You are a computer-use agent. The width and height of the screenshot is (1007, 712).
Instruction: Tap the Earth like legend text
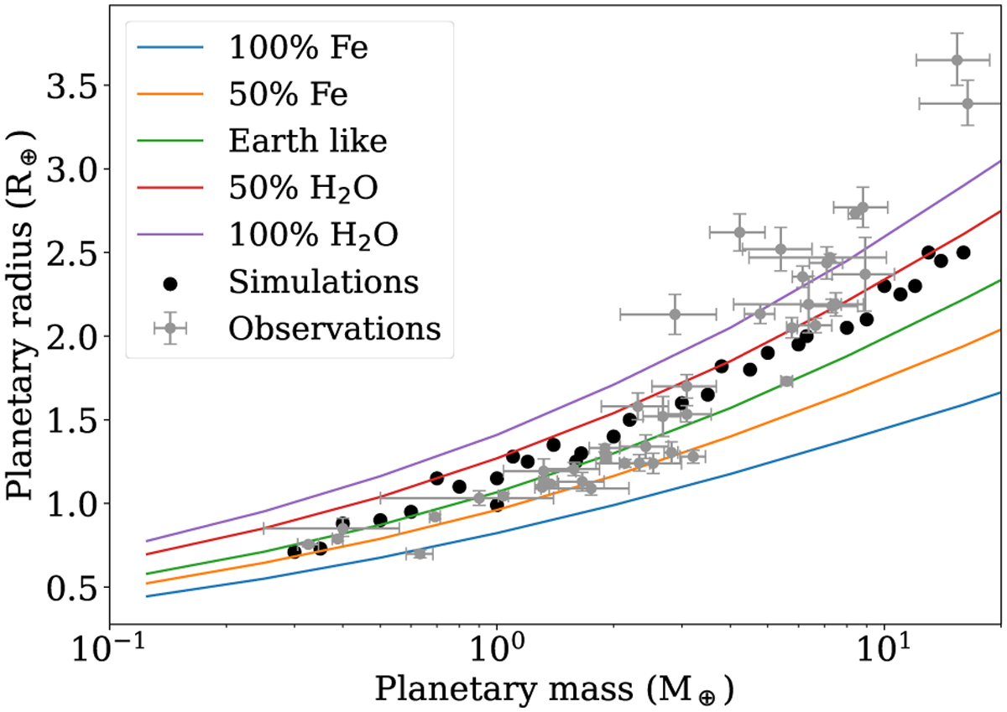pos(308,142)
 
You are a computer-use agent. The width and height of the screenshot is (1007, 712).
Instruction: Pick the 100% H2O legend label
pos(313,236)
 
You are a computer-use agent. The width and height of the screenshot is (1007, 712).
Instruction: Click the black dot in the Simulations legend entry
pos(170,283)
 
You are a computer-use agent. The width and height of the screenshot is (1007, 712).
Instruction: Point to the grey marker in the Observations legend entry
pos(170,330)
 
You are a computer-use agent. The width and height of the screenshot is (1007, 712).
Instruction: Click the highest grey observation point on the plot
pos(957,60)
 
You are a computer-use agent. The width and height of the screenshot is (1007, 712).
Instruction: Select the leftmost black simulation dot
pos(294,552)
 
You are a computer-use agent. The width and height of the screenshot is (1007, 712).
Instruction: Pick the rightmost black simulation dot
pos(963,252)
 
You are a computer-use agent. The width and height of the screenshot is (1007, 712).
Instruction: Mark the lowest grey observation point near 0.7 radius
pos(420,553)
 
